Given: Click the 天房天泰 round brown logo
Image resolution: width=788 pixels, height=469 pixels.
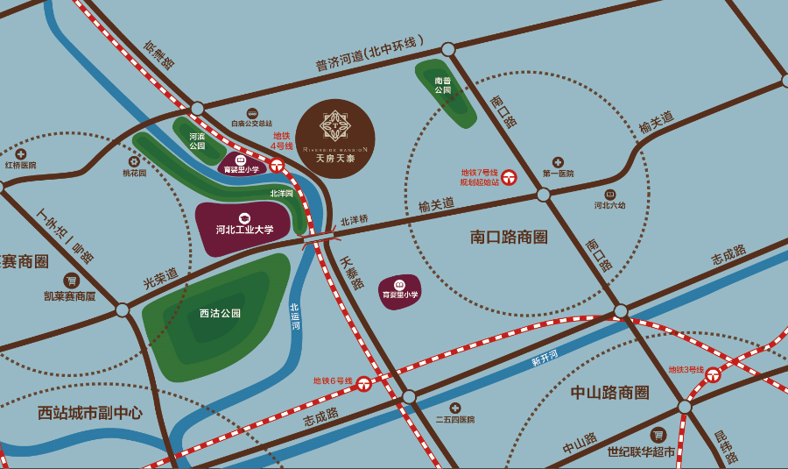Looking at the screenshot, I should pos(335,139).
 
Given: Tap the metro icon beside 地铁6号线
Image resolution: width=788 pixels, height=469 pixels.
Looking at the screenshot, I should pos(363,382).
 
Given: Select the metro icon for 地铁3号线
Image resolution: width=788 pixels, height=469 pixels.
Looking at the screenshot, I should pos(714,375).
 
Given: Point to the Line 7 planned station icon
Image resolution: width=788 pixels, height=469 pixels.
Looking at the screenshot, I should pos(509,176).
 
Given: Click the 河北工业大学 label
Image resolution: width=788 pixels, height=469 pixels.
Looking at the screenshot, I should pos(245,230).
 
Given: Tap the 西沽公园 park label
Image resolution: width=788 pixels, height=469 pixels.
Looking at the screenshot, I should pos(220,313).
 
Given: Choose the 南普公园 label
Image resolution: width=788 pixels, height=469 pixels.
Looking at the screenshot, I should pos(443,85).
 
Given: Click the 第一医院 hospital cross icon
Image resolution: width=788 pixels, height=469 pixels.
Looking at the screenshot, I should pos(558,161).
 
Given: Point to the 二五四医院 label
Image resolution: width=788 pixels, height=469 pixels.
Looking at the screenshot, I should pos(455,420).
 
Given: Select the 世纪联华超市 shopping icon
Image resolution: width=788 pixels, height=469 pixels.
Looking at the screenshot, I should pos(658,435).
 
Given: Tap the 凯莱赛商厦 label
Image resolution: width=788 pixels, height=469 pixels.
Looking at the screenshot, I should pos(70,296).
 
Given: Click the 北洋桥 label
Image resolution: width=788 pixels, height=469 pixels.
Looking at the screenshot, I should pos(355,220).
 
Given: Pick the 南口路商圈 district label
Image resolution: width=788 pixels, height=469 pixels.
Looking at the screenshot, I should pos(509,237).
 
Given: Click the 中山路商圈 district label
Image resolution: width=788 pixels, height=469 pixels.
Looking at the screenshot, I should pos(609,392).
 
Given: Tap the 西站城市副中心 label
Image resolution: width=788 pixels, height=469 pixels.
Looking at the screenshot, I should pos(90,412).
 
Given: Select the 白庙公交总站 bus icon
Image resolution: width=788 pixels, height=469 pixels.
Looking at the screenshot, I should pos(252,113).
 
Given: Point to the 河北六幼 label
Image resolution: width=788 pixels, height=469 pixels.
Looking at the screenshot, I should pos(609,206).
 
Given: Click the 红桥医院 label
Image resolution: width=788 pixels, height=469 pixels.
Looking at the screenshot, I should pos(21,165).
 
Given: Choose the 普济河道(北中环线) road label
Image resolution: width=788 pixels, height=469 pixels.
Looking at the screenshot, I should pos(369,53).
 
